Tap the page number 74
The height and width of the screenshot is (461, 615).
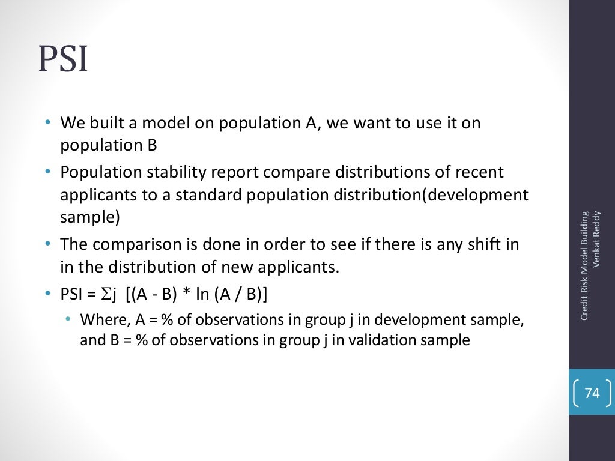pos(592,393)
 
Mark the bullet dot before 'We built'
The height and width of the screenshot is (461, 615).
pos(47,124)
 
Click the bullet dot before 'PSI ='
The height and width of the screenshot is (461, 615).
pos(47,295)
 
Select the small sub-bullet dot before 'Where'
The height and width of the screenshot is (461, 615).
pos(68,319)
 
